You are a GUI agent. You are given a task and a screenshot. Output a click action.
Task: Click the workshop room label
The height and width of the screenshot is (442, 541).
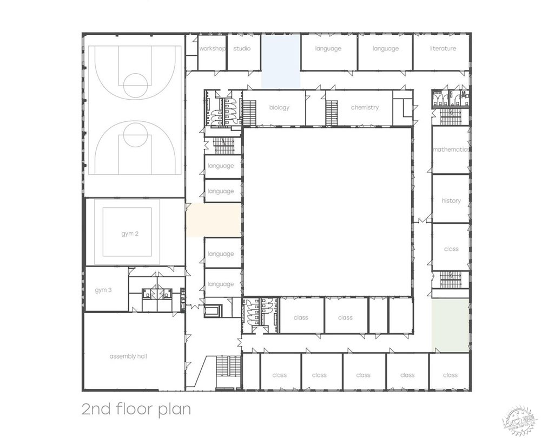(212, 49)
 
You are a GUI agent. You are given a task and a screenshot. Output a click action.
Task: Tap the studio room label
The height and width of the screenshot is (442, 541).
(242, 48)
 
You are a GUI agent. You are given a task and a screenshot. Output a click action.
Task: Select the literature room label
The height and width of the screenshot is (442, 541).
(443, 48)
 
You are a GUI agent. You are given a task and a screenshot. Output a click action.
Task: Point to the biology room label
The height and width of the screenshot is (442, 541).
(280, 107)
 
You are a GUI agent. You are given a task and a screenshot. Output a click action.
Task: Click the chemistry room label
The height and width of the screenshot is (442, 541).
(365, 107)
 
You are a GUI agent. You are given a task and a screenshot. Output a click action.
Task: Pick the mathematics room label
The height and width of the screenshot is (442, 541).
(451, 149)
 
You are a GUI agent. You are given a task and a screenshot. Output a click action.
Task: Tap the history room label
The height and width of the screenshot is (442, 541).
(451, 201)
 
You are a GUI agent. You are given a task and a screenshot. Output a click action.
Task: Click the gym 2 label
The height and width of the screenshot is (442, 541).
(130, 234)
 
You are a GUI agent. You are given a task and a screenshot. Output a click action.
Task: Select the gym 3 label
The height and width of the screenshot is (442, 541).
(103, 290)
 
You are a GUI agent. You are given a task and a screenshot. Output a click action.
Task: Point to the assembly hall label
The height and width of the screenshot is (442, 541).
(128, 356)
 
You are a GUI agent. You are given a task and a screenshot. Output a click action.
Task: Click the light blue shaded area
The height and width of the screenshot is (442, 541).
(280, 62)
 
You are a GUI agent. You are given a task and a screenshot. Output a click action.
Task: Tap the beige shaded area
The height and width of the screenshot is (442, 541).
(214, 220)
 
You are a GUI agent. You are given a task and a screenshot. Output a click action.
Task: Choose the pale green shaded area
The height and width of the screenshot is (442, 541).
(450, 325)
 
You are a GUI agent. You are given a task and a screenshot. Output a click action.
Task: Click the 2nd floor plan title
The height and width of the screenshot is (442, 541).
(136, 409)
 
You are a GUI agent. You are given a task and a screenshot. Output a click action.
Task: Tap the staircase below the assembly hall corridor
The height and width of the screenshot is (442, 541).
(228, 367)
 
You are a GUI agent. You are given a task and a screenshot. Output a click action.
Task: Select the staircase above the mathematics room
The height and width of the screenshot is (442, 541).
(451, 116)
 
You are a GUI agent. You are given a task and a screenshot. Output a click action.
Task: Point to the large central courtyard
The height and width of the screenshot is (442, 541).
(328, 212)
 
